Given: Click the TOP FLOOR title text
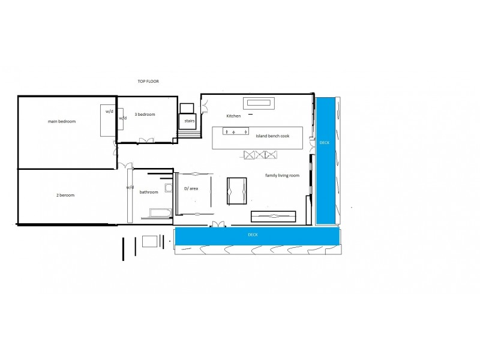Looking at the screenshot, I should pyautogui.click(x=147, y=81).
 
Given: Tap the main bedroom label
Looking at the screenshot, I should pyautogui.click(x=62, y=121).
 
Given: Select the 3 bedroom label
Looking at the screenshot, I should pyautogui.click(x=145, y=114).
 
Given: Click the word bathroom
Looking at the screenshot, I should pyautogui.click(x=149, y=192).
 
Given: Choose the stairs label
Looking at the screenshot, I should pyautogui.click(x=189, y=120).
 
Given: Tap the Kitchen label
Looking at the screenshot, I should pyautogui.click(x=233, y=115).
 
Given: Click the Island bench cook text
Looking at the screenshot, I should pyautogui.click(x=272, y=136).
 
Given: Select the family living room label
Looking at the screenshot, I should pyautogui.click(x=282, y=175).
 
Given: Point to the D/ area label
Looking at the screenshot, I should pyautogui.click(x=191, y=188).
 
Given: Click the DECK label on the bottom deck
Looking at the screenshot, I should pyautogui.click(x=253, y=235).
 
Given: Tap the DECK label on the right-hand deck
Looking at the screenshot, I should pyautogui.click(x=325, y=143).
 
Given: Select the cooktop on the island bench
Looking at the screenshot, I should pyautogui.click(x=236, y=131).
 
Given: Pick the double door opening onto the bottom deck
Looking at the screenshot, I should pyautogui.click(x=217, y=224).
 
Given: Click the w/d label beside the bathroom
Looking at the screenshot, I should pyautogui.click(x=130, y=187).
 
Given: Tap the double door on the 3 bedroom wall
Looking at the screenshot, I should pyautogui.click(x=147, y=140).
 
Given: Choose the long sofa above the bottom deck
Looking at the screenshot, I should pyautogui.click(x=274, y=216).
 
